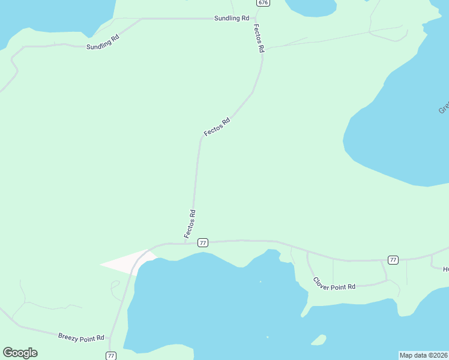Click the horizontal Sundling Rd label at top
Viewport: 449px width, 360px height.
click(x=231, y=19)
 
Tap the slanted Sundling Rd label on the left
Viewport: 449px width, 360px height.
click(x=103, y=42)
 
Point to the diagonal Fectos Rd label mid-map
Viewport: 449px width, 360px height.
click(x=217, y=127)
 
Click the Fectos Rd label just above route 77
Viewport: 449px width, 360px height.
click(x=190, y=223)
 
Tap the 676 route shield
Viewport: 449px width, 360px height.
click(x=263, y=3)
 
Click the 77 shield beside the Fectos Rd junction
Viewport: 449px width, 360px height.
click(x=203, y=242)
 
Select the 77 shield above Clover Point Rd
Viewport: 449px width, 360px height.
click(x=393, y=260)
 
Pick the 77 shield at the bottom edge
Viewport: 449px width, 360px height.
click(x=110, y=356)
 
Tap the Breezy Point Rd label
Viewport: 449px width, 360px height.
click(x=82, y=338)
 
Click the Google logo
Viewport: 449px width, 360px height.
click(x=20, y=353)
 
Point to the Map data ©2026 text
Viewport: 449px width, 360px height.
click(x=423, y=355)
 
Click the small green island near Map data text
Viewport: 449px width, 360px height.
click(x=319, y=341)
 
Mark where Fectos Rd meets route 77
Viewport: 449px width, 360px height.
click(x=193, y=243)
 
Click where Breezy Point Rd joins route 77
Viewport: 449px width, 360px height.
click(x=109, y=337)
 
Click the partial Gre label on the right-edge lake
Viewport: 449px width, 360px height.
click(x=444, y=107)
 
